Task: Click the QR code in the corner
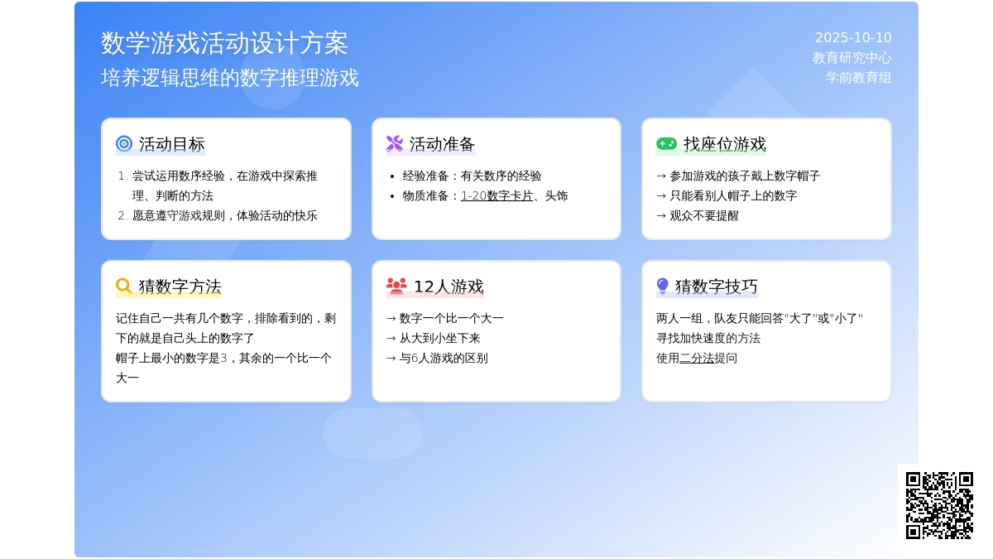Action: pyautogui.click(x=939, y=506)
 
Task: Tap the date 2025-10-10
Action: pyautogui.click(x=853, y=38)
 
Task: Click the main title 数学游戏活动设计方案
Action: pyautogui.click(x=224, y=43)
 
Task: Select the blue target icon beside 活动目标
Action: pyautogui.click(x=124, y=144)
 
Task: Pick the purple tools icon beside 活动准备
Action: pyautogui.click(x=395, y=144)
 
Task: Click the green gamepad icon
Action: pyautogui.click(x=667, y=144)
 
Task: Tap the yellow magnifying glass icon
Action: pyautogui.click(x=124, y=287)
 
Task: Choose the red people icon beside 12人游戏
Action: pyautogui.click(x=396, y=287)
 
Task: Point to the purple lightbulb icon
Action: pyautogui.click(x=662, y=287)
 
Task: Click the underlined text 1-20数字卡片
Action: pyautogui.click(x=497, y=195)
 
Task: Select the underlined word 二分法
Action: pyautogui.click(x=697, y=358)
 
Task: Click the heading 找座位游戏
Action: pyautogui.click(x=724, y=144)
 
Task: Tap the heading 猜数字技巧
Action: pyautogui.click(x=717, y=287)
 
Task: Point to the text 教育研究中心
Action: pyautogui.click(x=852, y=58)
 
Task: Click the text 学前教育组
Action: pyautogui.click(x=859, y=78)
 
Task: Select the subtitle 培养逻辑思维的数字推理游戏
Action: pyautogui.click(x=230, y=78)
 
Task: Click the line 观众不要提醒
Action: pyautogui.click(x=698, y=215)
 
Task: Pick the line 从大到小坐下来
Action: pyautogui.click(x=433, y=338)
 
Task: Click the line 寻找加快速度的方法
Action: pyautogui.click(x=708, y=338)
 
